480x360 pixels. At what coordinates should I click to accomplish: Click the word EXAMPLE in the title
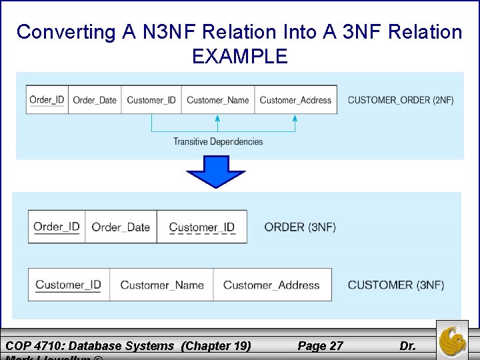(x=240, y=56)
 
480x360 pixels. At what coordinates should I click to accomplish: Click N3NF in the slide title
(x=158, y=32)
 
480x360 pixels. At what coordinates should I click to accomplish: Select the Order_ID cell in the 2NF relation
(x=47, y=100)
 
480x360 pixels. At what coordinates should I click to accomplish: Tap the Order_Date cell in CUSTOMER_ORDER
(x=95, y=100)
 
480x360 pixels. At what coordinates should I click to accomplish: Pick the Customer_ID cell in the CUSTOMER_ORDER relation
(x=151, y=100)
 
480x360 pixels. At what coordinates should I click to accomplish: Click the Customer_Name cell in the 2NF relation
(x=217, y=100)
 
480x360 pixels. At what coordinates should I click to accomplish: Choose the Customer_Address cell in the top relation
(x=295, y=100)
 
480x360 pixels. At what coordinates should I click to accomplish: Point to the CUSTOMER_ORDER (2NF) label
(x=401, y=100)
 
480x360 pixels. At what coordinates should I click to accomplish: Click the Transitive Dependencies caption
(x=218, y=141)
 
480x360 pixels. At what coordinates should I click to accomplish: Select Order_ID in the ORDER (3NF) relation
(x=57, y=227)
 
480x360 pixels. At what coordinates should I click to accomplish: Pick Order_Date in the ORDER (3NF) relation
(x=121, y=227)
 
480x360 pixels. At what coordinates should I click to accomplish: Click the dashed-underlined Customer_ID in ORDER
(x=202, y=227)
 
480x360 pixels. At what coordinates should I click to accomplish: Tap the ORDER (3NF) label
(x=300, y=227)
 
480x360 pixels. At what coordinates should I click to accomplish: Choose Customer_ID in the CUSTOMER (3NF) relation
(x=69, y=285)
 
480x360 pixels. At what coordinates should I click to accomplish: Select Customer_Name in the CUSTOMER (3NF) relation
(x=162, y=285)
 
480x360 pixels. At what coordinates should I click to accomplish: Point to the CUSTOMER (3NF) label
(x=396, y=285)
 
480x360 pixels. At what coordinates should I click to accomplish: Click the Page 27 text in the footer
(x=320, y=345)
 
